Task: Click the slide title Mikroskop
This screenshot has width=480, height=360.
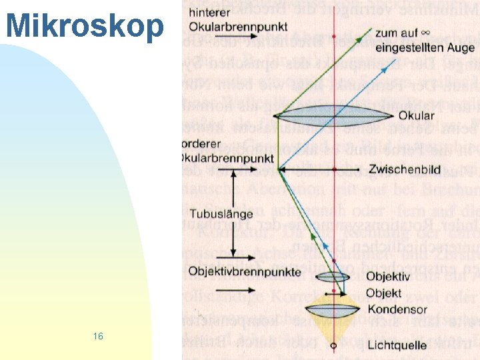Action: pos(85,26)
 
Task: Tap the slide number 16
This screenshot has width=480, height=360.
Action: pos(98,336)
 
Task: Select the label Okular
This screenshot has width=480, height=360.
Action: pos(417,116)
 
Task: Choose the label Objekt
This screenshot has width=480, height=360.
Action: pos(383,293)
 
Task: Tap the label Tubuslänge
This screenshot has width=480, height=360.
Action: pos(221,215)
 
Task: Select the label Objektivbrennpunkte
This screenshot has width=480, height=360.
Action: pos(244,271)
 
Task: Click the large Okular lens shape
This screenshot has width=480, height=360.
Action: pos(333,116)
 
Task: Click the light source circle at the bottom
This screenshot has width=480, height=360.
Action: pos(333,346)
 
